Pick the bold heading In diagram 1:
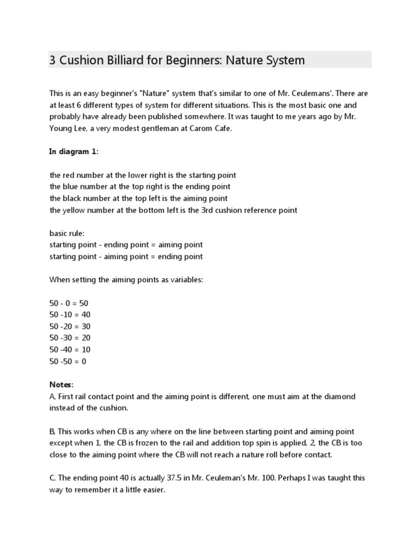(x=74, y=152)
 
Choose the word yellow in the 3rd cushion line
(x=73, y=210)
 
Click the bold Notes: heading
(x=61, y=384)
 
